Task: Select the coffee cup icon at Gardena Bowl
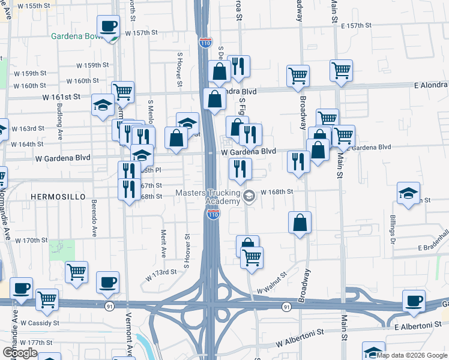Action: click(108, 26)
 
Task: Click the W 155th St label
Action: click(25, 5)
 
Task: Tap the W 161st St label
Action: click(61, 96)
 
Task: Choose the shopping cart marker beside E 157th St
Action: click(341, 70)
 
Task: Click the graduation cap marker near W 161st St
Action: click(103, 104)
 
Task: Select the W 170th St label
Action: click(31, 240)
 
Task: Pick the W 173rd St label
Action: click(161, 272)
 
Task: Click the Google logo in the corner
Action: click(20, 353)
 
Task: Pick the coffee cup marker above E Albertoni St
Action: click(414, 301)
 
